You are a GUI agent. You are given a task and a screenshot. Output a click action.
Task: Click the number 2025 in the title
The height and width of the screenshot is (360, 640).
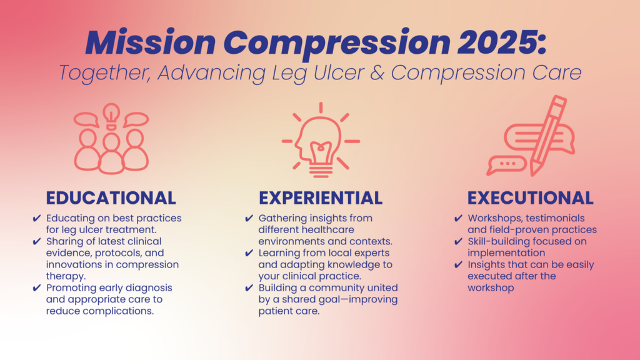[x=501, y=42]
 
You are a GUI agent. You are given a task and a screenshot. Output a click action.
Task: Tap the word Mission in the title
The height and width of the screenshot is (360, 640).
[x=151, y=42]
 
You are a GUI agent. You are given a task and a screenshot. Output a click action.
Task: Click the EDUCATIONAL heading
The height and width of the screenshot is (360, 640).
[x=111, y=198]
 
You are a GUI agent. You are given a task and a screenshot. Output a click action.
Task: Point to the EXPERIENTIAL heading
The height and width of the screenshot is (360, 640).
[x=321, y=198]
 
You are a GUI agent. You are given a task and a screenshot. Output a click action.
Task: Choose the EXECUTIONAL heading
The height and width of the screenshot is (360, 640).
[x=530, y=198]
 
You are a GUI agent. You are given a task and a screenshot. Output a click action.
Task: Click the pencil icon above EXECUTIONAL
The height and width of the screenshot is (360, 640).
[x=549, y=135]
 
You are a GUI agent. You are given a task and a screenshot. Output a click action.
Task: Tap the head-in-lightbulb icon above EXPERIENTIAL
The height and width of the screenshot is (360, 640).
[x=321, y=141]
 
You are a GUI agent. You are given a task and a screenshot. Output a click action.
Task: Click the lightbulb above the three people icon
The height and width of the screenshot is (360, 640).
[x=111, y=116]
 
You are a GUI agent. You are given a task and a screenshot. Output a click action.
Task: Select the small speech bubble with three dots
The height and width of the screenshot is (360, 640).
[x=507, y=165]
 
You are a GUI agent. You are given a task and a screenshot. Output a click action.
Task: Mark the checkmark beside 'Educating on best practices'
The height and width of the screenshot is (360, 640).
[x=37, y=218]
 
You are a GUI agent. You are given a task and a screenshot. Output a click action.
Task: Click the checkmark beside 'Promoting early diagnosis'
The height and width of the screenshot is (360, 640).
[x=37, y=288]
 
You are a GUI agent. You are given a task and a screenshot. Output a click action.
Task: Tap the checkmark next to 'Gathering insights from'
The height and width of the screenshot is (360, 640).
[x=249, y=218]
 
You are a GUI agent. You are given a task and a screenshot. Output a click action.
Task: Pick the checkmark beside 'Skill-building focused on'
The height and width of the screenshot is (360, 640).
[x=458, y=242]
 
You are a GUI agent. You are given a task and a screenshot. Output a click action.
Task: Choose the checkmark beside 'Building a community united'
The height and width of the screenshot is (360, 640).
[x=249, y=288]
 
